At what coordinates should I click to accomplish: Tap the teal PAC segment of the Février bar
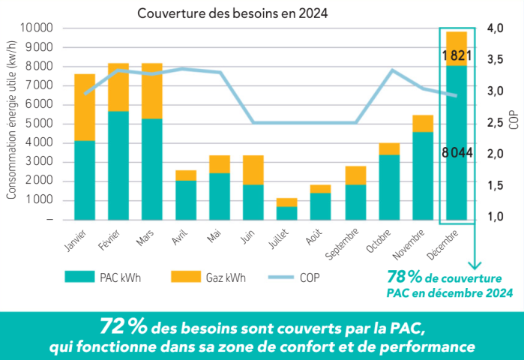click(x=118, y=165)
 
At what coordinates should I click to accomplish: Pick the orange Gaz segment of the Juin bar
click(x=253, y=169)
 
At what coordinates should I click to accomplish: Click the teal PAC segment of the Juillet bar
click(x=287, y=212)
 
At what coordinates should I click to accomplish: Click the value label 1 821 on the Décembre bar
click(x=457, y=55)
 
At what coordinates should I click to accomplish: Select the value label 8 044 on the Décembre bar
click(x=457, y=153)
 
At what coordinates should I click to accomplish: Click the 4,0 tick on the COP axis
click(x=495, y=28)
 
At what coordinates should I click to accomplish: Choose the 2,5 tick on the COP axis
click(x=495, y=123)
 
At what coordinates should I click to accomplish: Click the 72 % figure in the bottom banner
click(x=124, y=327)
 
